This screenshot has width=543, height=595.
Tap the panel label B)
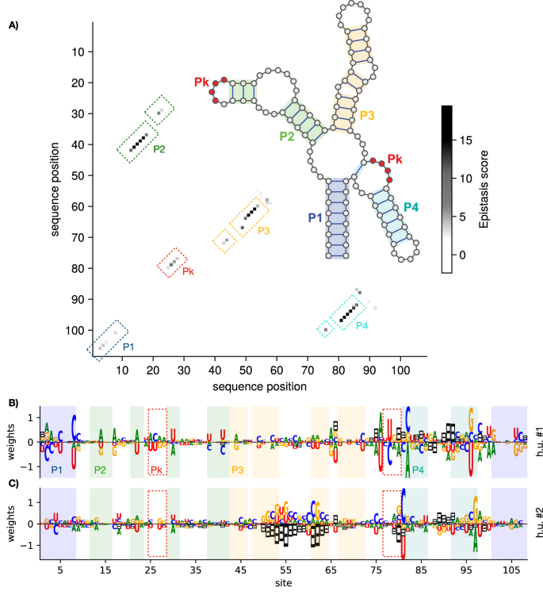pos(13,403)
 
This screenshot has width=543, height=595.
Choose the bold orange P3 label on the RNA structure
pos(367,116)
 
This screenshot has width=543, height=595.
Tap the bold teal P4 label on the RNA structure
pos(410,207)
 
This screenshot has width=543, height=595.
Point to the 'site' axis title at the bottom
pos(284,586)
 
